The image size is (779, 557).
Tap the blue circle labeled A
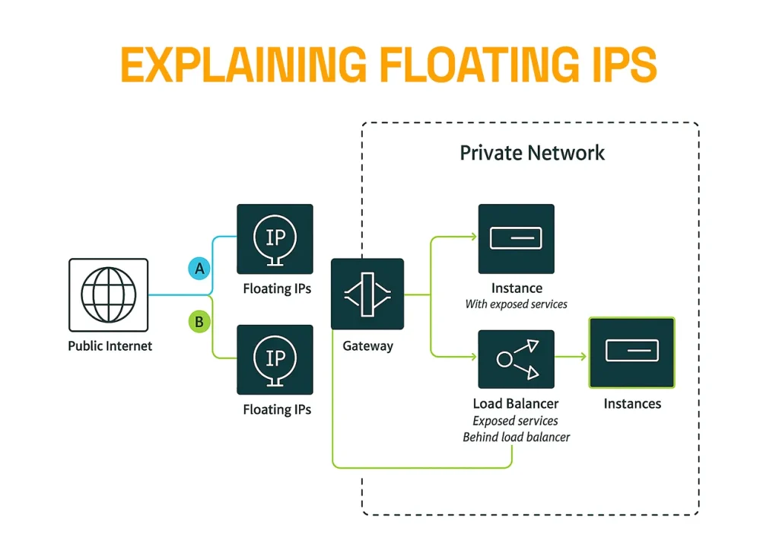point(199,268)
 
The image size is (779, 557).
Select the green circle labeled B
point(199,322)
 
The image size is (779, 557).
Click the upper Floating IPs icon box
point(275,239)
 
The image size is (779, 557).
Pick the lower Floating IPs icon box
point(275,359)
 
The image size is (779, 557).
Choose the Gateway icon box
point(367,294)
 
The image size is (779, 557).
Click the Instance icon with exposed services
point(516,239)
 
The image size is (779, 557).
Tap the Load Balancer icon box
point(516,359)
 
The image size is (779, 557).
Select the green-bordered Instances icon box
point(631,352)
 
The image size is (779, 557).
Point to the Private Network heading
point(532,153)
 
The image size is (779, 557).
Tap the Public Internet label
point(110,346)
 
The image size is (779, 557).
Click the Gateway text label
point(367,346)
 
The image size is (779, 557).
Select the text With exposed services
point(516,304)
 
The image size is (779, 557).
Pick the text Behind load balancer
point(516,437)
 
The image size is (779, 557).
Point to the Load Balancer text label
point(516,404)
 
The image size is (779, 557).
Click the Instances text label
point(632,404)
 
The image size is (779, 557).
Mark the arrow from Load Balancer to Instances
point(571,355)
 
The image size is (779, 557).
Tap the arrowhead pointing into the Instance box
point(472,237)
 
